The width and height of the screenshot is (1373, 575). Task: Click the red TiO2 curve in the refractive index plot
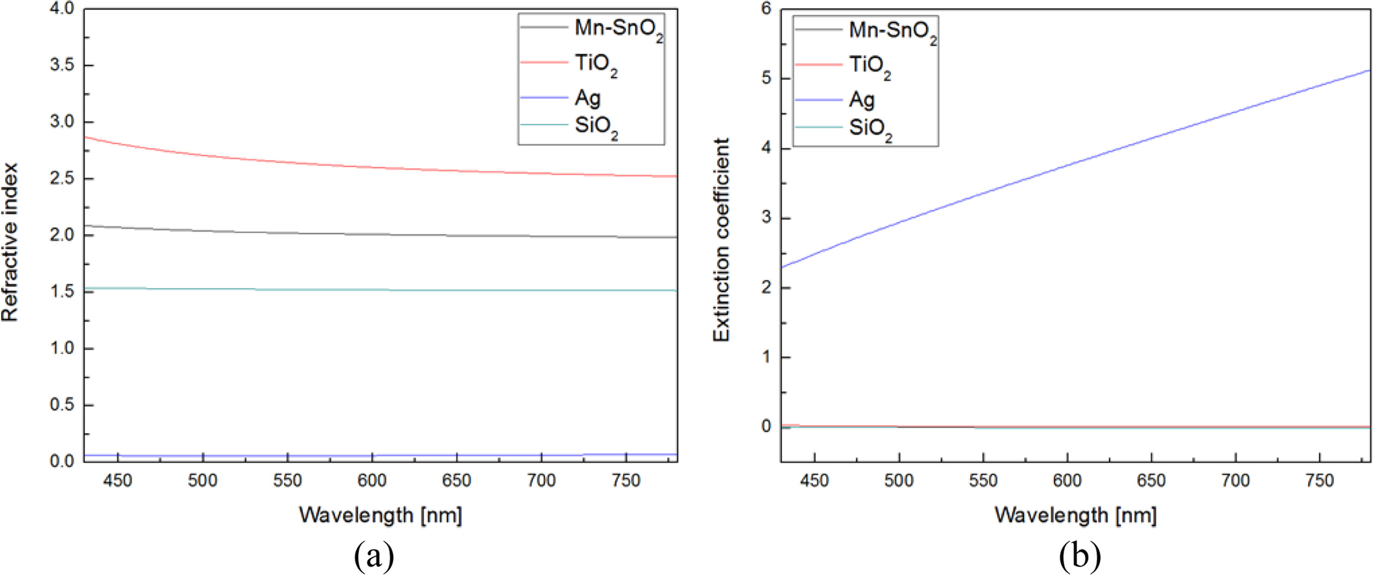point(327,166)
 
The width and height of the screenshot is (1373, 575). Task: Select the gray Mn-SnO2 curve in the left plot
point(327,234)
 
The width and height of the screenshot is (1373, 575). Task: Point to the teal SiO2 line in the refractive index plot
point(327,290)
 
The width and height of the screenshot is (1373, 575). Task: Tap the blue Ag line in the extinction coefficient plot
point(1068,164)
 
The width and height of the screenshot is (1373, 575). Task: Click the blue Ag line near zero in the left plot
point(327,455)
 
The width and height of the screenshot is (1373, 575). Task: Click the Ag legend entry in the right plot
point(861,100)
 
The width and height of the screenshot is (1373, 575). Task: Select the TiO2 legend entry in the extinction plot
point(870,66)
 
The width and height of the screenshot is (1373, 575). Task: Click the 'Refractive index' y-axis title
point(10,242)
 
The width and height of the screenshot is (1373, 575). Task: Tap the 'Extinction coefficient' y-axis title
point(721,240)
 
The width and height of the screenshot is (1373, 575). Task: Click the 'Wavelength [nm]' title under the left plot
point(380,515)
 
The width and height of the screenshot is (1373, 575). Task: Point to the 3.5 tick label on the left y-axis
point(62,65)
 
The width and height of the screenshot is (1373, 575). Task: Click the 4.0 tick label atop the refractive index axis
point(62,9)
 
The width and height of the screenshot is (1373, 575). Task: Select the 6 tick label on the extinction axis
point(767,9)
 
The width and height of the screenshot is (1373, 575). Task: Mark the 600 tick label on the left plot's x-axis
point(372,480)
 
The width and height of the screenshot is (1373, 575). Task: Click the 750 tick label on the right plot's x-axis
point(1320,480)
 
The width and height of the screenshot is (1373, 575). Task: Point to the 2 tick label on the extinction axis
point(767,287)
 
